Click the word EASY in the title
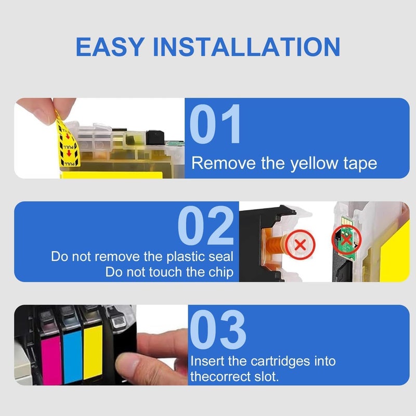point(110,47)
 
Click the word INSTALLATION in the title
point(246,47)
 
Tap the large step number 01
point(215,124)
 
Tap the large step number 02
point(206,226)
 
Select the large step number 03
point(218,329)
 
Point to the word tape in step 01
point(360,163)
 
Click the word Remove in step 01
point(224,163)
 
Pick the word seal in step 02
point(220,256)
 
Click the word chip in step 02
point(220,272)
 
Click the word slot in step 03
point(266,376)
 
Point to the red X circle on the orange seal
point(301,244)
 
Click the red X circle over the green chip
point(346,240)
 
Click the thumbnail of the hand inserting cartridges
point(101,345)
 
